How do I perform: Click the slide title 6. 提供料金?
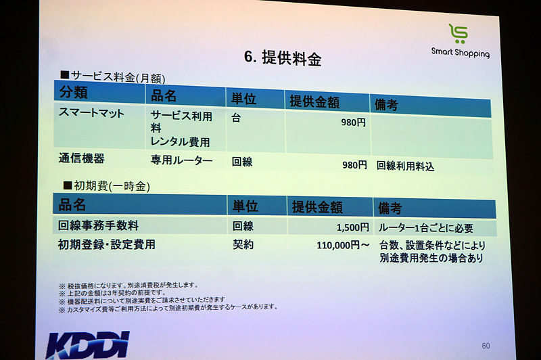pyautogui.click(x=282, y=58)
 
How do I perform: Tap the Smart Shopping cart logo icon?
pyautogui.click(x=458, y=34)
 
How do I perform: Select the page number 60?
pyautogui.click(x=486, y=346)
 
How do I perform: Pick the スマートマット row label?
pyautogui.click(x=93, y=114)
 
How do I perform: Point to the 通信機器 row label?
pyautogui.click(x=82, y=159)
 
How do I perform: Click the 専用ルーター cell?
pyautogui.click(x=181, y=161)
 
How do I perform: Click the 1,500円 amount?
pyautogui.click(x=352, y=227)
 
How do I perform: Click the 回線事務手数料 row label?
pyautogui.click(x=99, y=225)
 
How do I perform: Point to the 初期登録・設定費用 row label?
pyautogui.click(x=107, y=244)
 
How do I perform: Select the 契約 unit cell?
pyautogui.click(x=243, y=245)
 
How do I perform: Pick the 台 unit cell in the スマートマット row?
pyautogui.click(x=236, y=117)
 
